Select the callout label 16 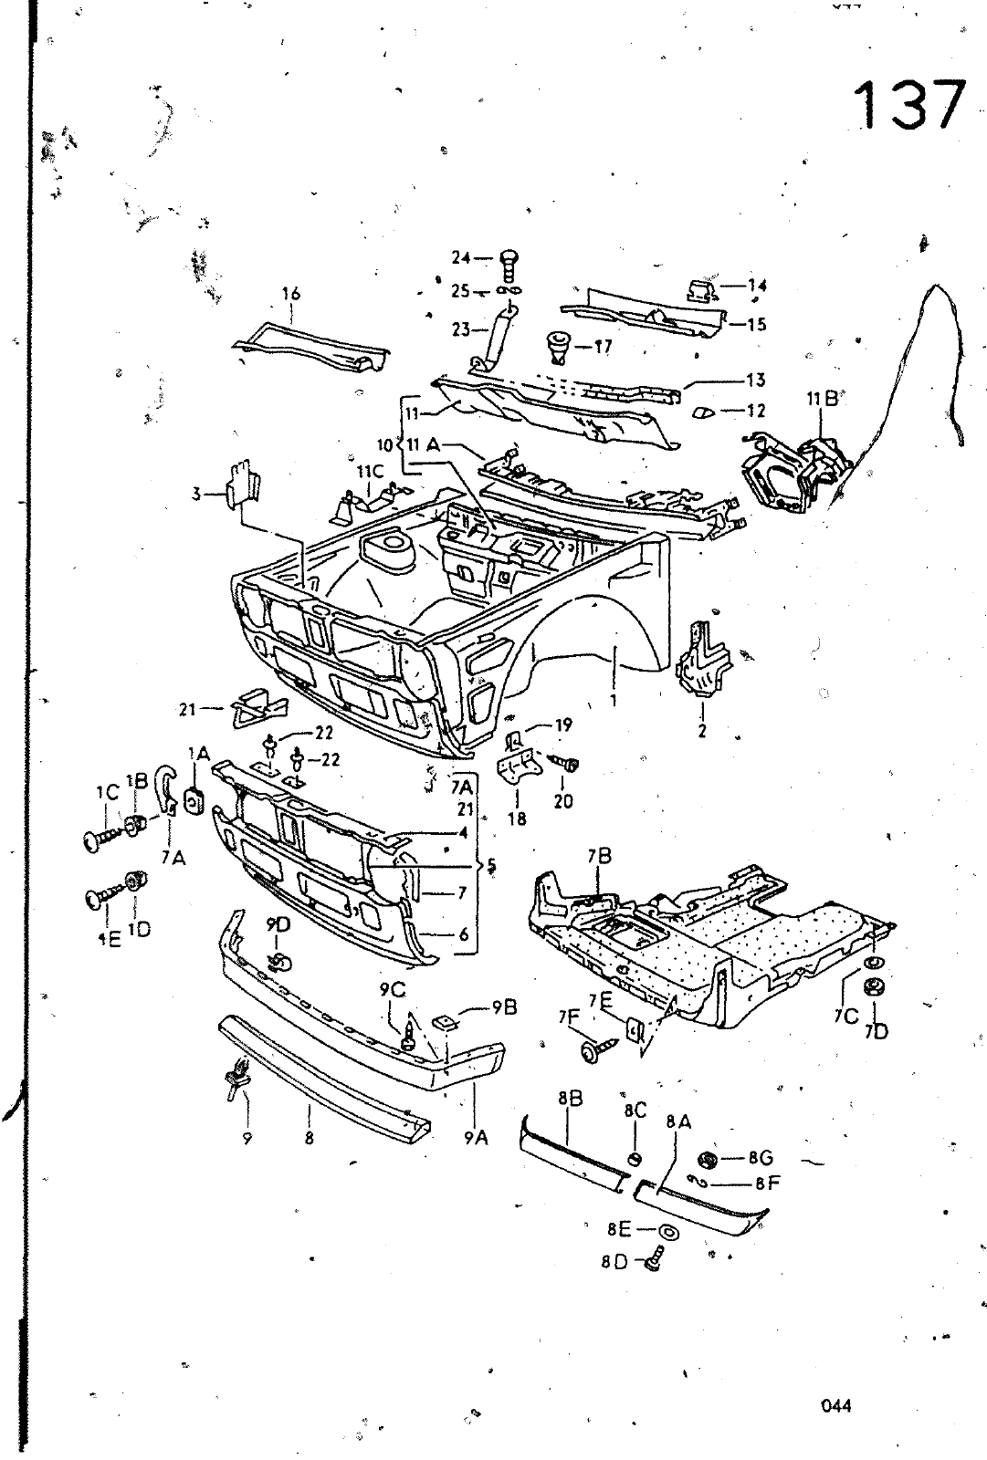point(290,294)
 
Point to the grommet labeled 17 point(556,347)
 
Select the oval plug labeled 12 point(704,412)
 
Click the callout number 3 point(195,494)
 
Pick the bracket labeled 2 point(701,659)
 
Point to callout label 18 point(517,819)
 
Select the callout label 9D point(278,925)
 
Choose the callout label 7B point(599,856)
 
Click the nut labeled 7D point(872,987)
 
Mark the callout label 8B point(569,1098)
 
